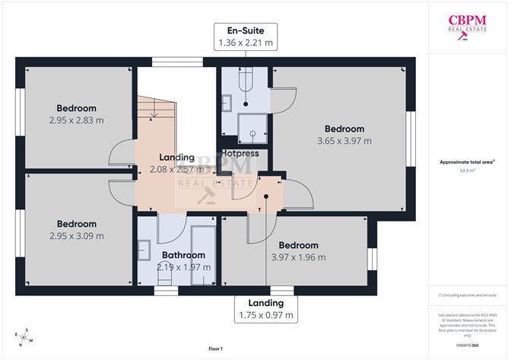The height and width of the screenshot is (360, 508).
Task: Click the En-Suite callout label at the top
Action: click(246, 37)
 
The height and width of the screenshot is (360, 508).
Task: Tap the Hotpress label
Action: click(240, 154)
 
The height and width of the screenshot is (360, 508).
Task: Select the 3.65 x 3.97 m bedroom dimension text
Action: click(344, 141)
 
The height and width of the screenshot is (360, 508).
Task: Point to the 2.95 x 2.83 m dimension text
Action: click(77, 120)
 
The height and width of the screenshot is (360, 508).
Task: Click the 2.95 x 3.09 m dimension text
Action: click(77, 236)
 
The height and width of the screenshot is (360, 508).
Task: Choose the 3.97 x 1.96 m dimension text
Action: click(298, 257)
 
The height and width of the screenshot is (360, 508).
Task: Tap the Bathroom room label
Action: click(183, 255)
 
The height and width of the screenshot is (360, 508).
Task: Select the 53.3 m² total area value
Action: click(467, 171)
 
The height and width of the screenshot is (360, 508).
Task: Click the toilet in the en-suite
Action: click(245, 78)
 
